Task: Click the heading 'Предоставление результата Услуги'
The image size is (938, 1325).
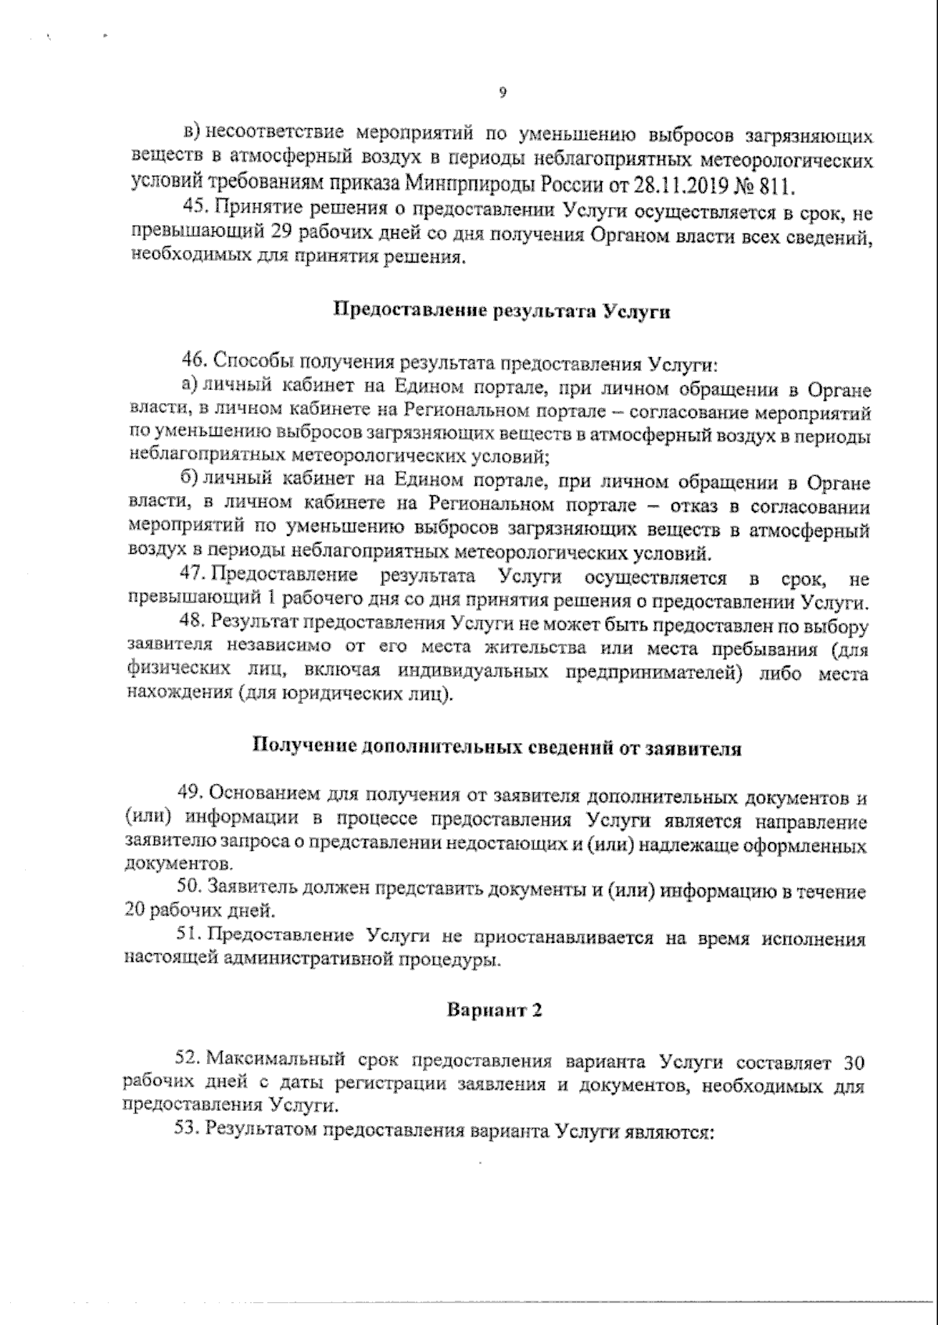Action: pos(503,310)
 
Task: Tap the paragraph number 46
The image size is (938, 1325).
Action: pos(193,363)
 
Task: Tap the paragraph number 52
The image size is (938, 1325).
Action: pos(190,1062)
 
